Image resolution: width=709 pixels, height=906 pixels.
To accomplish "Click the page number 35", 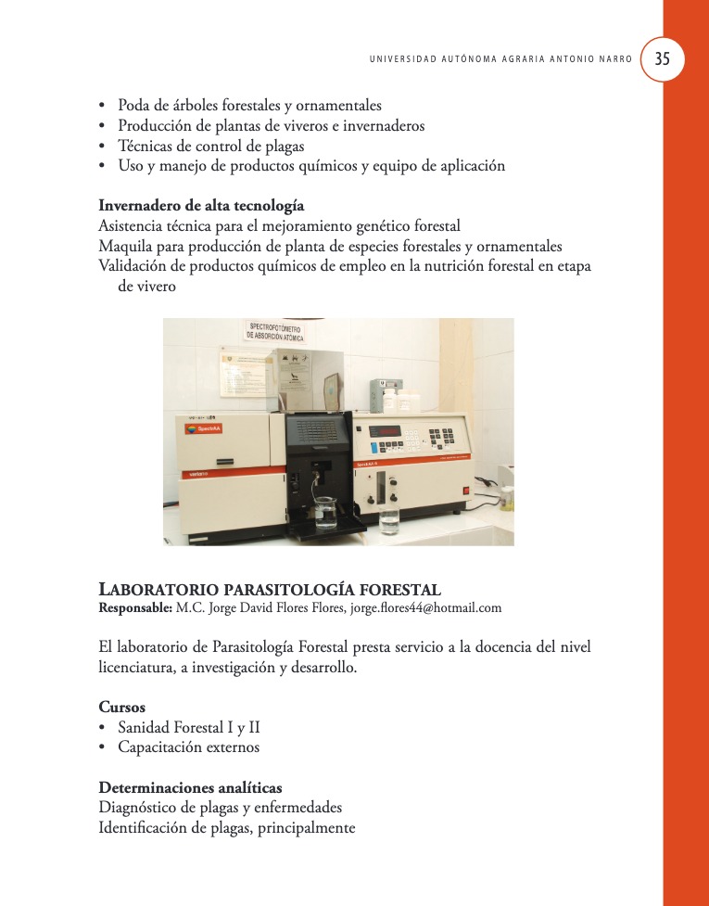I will tap(663, 58).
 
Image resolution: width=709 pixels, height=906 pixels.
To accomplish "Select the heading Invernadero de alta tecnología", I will tap(201, 205).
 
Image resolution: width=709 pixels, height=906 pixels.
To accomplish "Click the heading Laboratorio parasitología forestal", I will tap(270, 590).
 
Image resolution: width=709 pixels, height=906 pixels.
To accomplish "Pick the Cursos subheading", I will tap(121, 707).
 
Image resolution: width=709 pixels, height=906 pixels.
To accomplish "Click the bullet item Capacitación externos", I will tap(188, 747).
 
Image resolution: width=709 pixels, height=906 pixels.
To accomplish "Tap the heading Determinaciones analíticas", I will tap(190, 788).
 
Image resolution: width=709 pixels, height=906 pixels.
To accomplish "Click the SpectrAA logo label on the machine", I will tap(204, 429).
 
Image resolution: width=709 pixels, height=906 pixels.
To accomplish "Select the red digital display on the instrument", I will tap(386, 431).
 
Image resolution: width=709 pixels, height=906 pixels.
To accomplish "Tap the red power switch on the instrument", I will tap(467, 490).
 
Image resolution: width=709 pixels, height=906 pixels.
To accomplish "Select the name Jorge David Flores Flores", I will tap(279, 608).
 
